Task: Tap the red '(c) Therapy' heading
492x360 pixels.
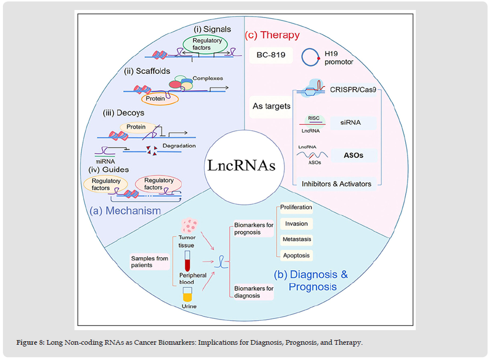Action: click(x=272, y=35)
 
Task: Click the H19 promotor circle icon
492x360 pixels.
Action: click(x=311, y=57)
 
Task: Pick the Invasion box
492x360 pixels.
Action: click(x=295, y=224)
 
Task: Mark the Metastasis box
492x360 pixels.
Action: click(x=295, y=240)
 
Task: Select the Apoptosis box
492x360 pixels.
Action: click(x=295, y=256)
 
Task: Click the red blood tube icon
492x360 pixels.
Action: click(x=188, y=260)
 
